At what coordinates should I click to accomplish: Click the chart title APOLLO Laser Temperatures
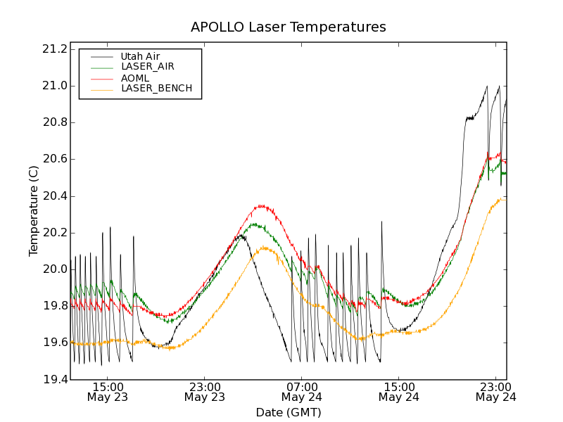pos(289,27)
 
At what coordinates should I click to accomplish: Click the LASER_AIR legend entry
pos(148,67)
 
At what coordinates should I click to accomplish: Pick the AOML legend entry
pos(135,78)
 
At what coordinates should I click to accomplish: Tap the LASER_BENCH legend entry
pos(156,89)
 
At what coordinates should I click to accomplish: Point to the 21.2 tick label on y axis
pos(54,49)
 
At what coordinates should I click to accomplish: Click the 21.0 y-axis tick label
pos(54,86)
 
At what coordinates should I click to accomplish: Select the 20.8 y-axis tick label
pos(54,122)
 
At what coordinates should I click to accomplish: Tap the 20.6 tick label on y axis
pos(54,159)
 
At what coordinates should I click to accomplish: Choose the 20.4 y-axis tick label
pos(54,196)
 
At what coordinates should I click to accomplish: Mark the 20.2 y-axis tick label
pos(54,233)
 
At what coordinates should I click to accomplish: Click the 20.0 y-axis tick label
pos(54,269)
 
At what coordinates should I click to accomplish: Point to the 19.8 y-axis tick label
pos(54,306)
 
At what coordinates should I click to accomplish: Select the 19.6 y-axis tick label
pos(54,343)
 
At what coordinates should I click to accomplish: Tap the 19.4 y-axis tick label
pos(54,380)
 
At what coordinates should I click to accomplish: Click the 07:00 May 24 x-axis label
pos(302,392)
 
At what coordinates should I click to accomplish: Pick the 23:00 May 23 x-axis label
pos(205,392)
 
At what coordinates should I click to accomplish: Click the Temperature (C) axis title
pos(34,211)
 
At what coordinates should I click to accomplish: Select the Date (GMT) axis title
pos(289,413)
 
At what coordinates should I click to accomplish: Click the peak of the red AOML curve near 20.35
pos(262,205)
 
